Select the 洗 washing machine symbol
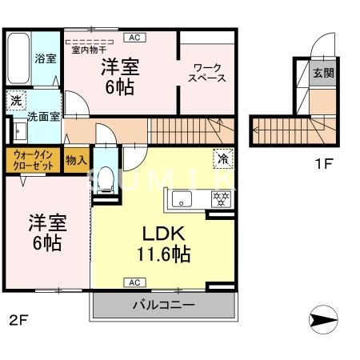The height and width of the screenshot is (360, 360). (x=15, y=101)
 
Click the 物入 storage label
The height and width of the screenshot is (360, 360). (x=76, y=161)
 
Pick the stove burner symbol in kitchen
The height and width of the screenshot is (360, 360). (x=217, y=198)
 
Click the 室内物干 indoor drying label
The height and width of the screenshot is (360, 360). (x=90, y=49)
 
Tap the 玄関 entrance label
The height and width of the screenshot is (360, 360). (x=323, y=72)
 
